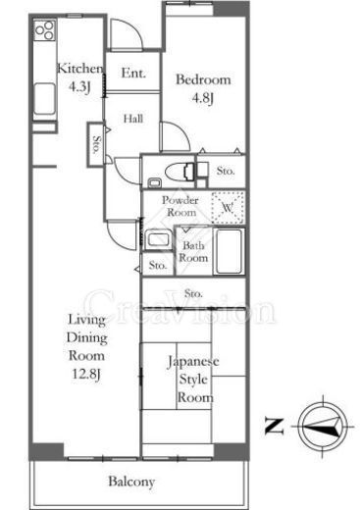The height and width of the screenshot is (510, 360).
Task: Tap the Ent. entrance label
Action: tap(133, 75)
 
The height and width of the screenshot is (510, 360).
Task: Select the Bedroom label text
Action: tap(204, 80)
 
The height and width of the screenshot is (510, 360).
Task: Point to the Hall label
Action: tap(134, 119)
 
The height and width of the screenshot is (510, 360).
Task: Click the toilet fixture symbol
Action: tap(180, 172)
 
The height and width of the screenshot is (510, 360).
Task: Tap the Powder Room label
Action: tap(181, 207)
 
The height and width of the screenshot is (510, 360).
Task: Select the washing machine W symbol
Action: tap(229, 208)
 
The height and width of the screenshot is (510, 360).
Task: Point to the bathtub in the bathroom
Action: tap(229, 252)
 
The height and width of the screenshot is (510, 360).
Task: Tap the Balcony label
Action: tap(131, 482)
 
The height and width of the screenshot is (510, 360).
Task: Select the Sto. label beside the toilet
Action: tap(226, 173)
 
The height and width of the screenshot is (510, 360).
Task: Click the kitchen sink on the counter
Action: tap(44, 98)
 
